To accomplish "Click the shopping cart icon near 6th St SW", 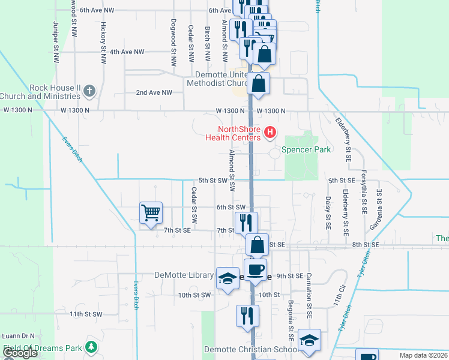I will [151, 212].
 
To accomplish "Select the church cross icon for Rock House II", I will [89, 91].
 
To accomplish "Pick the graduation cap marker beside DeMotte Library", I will [228, 278].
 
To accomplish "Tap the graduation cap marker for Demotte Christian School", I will [309, 340].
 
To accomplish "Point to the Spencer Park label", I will [306, 149].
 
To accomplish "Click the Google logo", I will [20, 353].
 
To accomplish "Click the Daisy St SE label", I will [328, 212].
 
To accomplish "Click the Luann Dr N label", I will [18, 337].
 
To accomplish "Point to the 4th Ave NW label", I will [127, 52].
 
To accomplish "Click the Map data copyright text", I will [423, 355].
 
